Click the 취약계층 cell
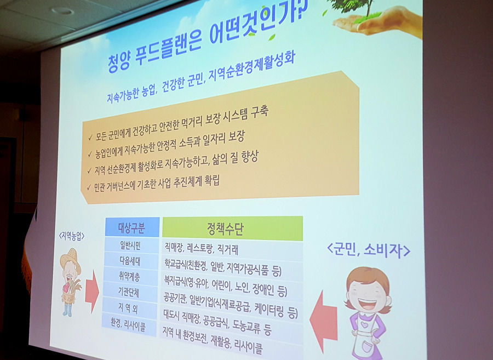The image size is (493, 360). pyautogui.click(x=130, y=275)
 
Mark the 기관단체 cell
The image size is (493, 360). pyautogui.click(x=129, y=291)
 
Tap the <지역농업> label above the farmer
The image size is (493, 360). pyautogui.click(x=74, y=236)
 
